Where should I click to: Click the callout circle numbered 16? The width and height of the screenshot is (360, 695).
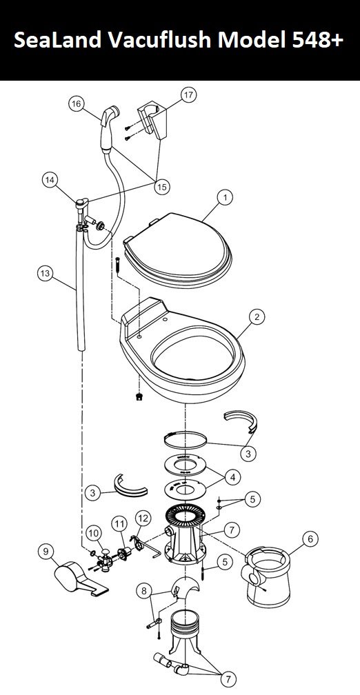77,104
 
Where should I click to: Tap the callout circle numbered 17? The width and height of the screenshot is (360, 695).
188,95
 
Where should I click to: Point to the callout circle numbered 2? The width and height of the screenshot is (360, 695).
257,317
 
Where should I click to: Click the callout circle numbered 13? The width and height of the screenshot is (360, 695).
46,274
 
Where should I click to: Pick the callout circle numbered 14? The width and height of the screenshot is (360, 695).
50,180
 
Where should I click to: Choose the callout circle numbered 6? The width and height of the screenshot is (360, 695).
310,539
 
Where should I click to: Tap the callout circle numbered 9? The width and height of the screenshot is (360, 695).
46,552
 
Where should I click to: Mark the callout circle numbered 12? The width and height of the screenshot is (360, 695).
143,518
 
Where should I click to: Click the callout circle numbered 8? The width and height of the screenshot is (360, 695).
143,590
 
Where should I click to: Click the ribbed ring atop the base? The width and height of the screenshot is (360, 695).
186,516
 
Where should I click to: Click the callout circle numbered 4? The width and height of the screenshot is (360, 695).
232,477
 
